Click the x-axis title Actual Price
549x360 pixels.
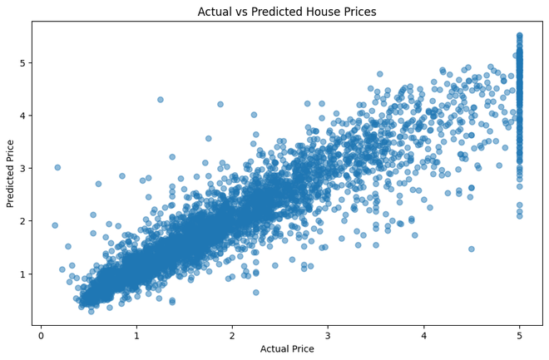[286, 349]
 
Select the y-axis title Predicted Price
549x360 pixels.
[11, 173]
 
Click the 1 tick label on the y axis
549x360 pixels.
[23, 274]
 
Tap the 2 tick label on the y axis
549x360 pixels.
[23, 221]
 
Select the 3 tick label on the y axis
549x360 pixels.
[23, 168]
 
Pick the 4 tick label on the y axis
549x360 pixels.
[23, 116]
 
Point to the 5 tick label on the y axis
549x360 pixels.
[23, 62]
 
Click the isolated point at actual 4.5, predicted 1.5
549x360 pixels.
[471, 249]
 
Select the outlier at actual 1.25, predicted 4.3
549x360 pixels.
[161, 100]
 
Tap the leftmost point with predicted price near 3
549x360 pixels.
[57, 167]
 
